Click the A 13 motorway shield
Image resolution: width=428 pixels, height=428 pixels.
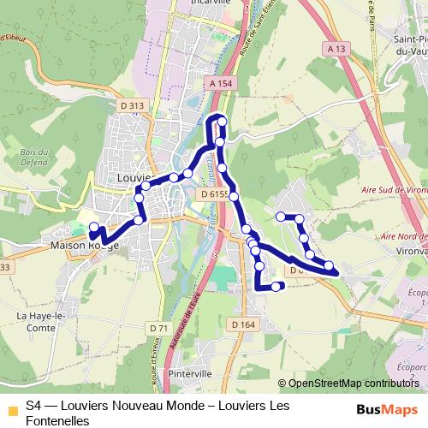click(336, 49)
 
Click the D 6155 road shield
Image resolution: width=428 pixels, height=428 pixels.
click(215, 195)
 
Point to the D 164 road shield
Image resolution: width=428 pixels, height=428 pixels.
click(244, 324)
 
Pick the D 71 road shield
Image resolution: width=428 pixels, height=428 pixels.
click(158, 329)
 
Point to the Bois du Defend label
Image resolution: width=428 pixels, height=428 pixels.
click(33, 157)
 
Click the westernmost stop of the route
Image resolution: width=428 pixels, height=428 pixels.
click(93, 227)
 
